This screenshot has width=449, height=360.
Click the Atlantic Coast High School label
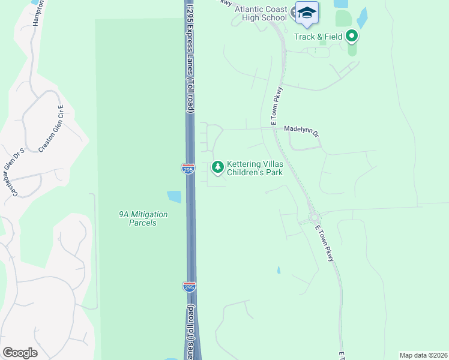tap(261, 13)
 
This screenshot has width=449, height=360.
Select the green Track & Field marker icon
tap(352, 37)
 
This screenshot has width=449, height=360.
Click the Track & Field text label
tap(318, 37)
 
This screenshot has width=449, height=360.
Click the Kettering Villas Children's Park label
tap(255, 167)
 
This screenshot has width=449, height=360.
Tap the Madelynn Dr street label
tap(301, 128)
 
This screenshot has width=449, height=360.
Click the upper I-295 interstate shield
tap(188, 169)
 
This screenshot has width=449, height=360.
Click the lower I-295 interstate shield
tap(189, 287)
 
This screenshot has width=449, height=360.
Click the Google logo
tap(20, 353)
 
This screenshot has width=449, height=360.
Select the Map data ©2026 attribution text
tap(423, 355)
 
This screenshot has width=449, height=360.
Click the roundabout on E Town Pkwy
tap(314, 218)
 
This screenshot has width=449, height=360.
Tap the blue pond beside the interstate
tap(174, 196)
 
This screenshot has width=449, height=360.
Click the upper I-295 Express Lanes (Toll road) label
tap(191, 57)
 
